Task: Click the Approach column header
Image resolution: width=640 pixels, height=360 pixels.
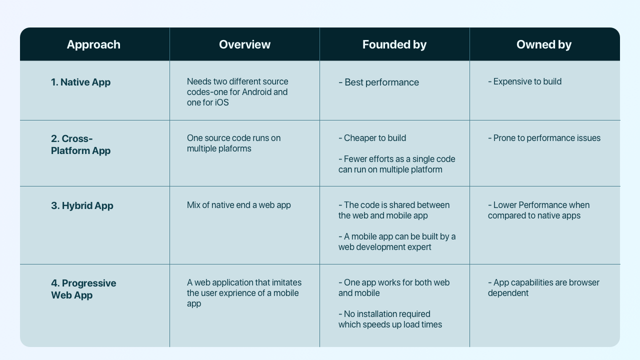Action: (93, 44)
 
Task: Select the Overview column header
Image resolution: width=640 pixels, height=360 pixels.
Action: (244, 44)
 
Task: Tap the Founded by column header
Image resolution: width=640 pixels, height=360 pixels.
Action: (394, 44)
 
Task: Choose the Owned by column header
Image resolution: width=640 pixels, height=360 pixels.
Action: (543, 44)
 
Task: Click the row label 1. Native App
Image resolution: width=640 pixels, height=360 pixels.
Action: (80, 82)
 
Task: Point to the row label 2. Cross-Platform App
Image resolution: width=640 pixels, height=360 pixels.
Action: (80, 144)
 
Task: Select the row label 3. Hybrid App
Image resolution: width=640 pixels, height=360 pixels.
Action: (82, 205)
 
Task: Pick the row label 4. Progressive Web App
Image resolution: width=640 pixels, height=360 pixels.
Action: (83, 289)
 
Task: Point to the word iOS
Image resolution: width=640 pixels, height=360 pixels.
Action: (220, 102)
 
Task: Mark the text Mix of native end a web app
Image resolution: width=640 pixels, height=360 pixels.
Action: (238, 205)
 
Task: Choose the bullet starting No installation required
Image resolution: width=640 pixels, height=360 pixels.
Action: (390, 319)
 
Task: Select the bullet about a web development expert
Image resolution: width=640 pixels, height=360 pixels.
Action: (397, 241)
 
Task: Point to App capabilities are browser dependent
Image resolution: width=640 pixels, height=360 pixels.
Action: (543, 287)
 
